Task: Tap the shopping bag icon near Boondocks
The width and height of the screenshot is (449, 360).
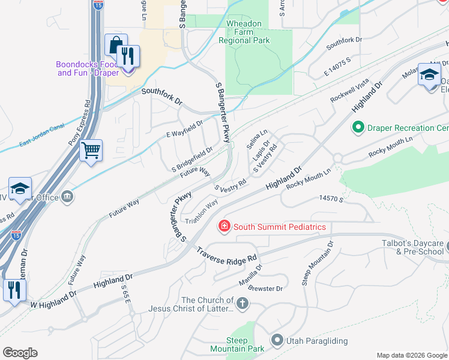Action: (x=115, y=45)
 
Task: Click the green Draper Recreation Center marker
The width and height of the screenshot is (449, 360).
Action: (x=358, y=128)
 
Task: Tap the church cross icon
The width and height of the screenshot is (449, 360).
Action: (x=242, y=304)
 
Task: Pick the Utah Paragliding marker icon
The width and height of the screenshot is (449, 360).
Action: (x=277, y=340)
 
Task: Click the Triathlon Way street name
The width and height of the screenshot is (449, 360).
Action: (x=201, y=212)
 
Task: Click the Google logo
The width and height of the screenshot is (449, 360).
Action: (x=20, y=353)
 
